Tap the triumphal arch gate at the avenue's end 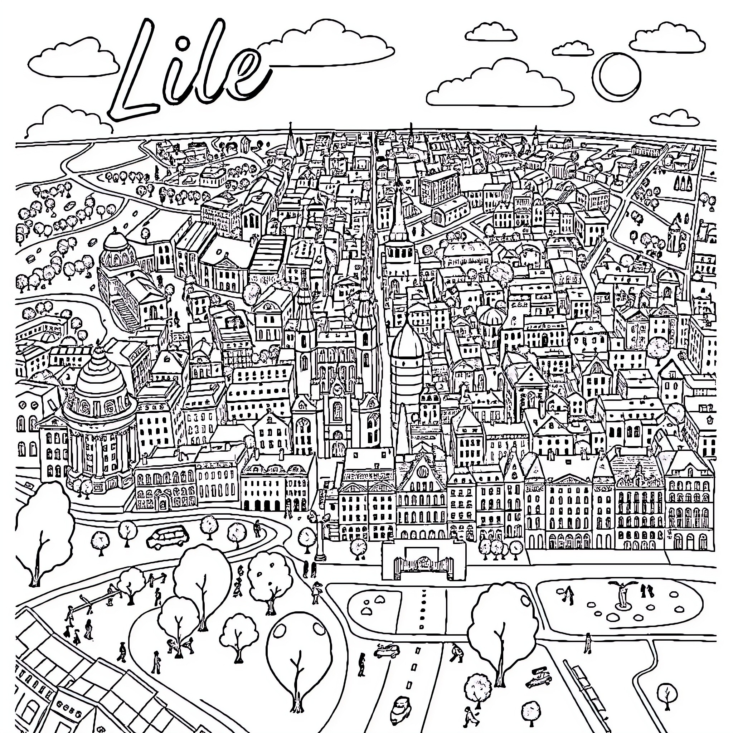click(x=423, y=561)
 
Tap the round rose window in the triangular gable click(x=422, y=472)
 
